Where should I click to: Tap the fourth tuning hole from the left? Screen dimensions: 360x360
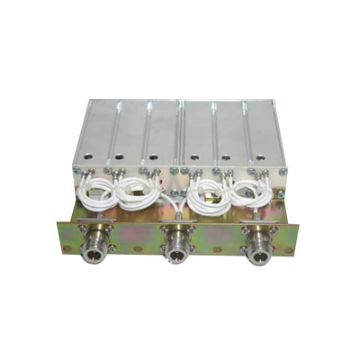(194, 163)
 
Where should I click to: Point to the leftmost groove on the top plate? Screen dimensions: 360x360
(121, 126)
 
